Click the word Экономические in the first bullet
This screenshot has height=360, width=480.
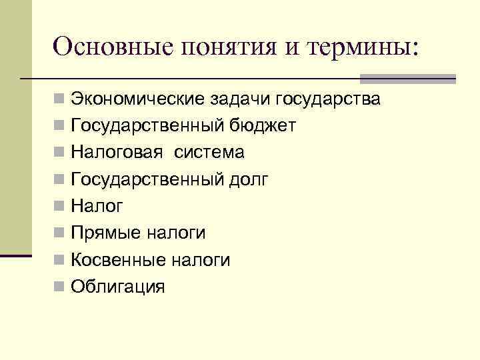pos(138,100)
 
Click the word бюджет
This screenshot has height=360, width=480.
pos(263,127)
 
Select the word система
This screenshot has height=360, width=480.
pos(209,153)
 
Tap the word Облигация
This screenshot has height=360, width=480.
pos(117,287)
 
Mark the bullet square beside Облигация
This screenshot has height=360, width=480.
pos(60,287)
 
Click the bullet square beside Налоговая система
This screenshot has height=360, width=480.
pos(60,153)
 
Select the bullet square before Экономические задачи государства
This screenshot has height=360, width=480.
pos(60,99)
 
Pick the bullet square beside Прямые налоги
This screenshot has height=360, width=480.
pos(60,233)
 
